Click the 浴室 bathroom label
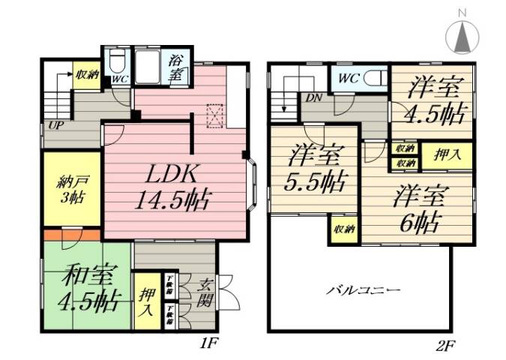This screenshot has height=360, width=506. point(178,67)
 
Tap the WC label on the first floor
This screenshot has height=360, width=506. point(118,78)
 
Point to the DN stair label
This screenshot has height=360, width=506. point(312,97)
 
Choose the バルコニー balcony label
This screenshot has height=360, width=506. point(362,289)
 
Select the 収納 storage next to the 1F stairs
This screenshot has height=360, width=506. point(87,75)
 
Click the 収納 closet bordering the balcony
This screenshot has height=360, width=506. point(344,228)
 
